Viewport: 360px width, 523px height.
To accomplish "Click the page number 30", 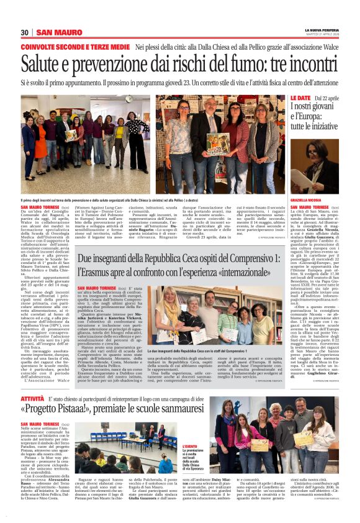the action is (x=25, y=32).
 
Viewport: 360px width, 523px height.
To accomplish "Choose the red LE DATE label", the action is (x=283, y=99).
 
